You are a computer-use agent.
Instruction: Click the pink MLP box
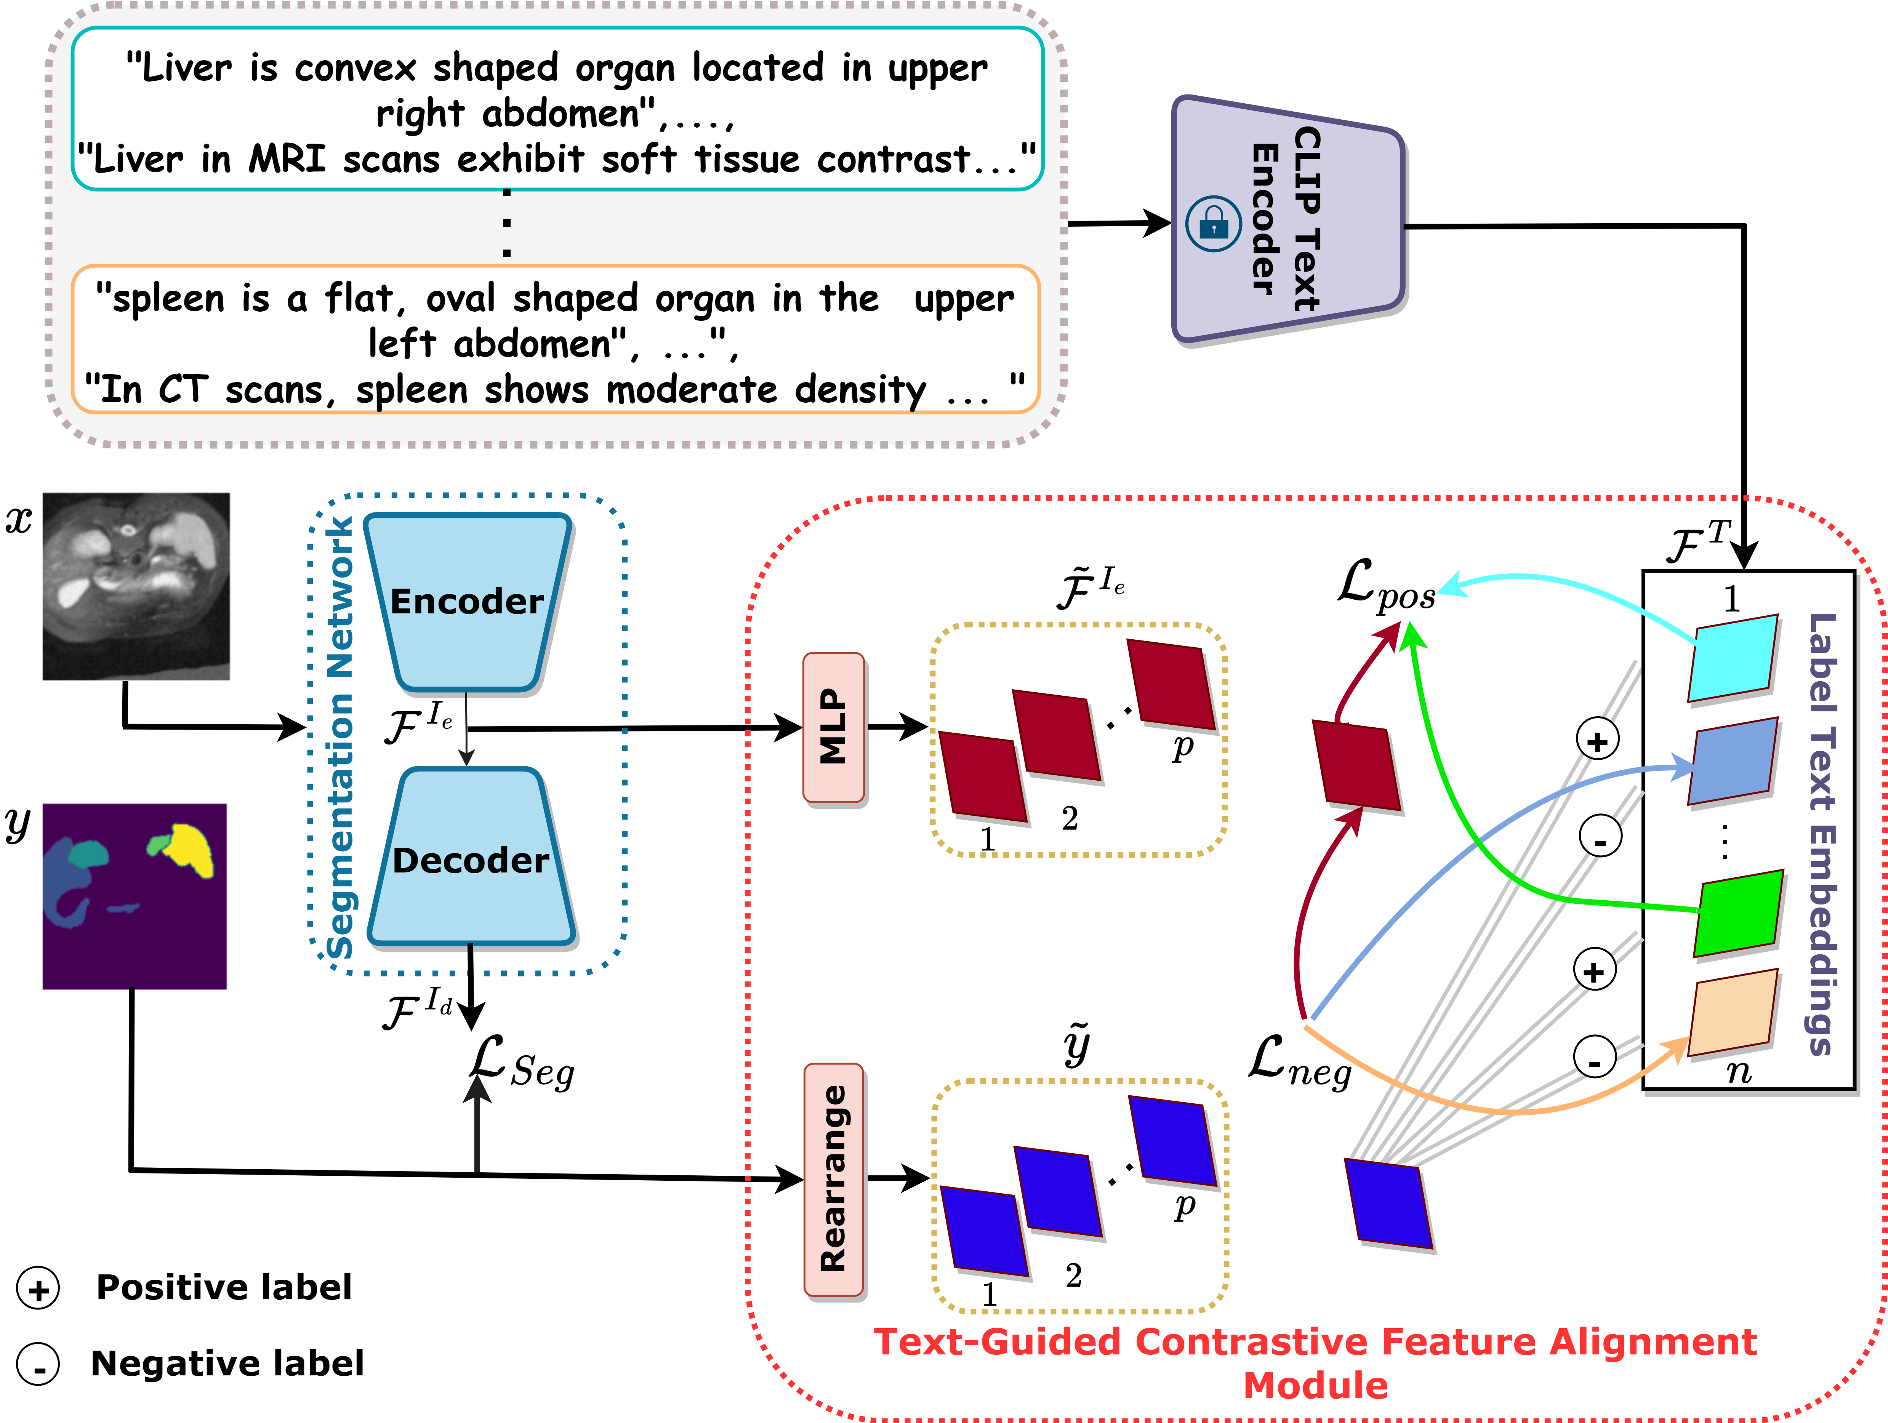point(833,727)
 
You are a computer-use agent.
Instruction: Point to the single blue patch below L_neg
point(1388,1204)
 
